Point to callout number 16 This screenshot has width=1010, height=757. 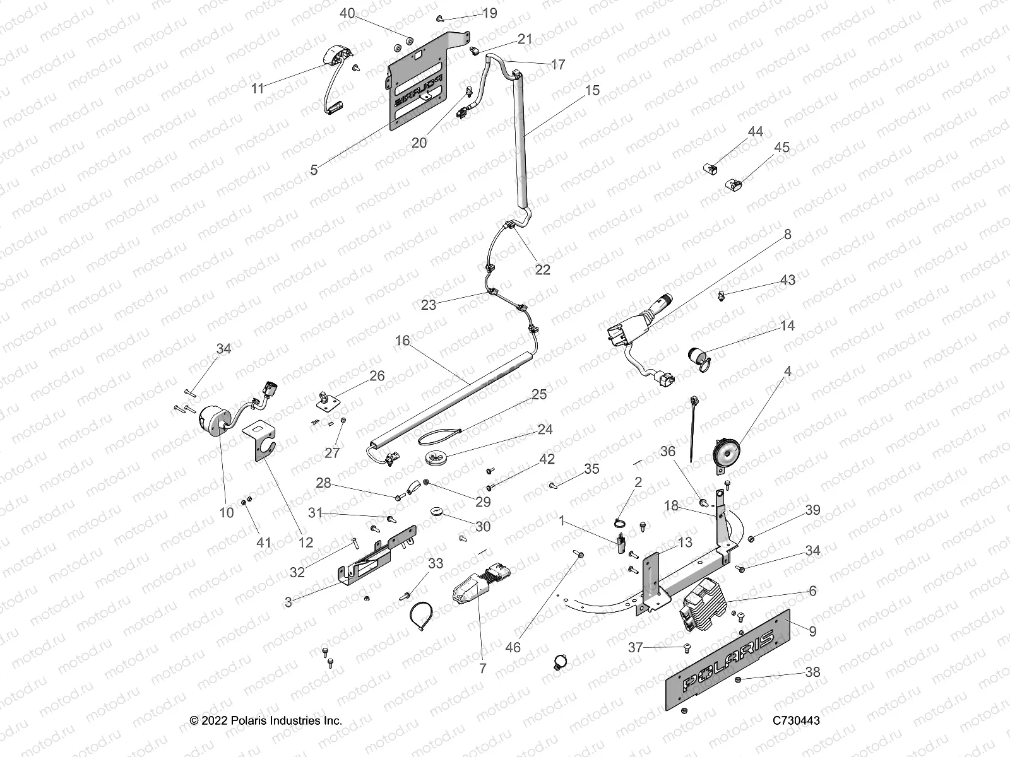tap(402, 341)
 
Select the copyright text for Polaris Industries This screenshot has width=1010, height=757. tap(266, 720)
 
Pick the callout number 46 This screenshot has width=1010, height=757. tap(513, 647)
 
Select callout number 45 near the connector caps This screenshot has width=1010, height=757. tap(781, 148)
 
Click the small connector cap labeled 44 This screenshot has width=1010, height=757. tap(711, 169)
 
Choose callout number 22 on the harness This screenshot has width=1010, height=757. tap(542, 269)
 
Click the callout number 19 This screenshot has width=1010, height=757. tap(490, 13)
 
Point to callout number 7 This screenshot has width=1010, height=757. tap(482, 668)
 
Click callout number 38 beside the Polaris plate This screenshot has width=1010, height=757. tap(812, 672)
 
